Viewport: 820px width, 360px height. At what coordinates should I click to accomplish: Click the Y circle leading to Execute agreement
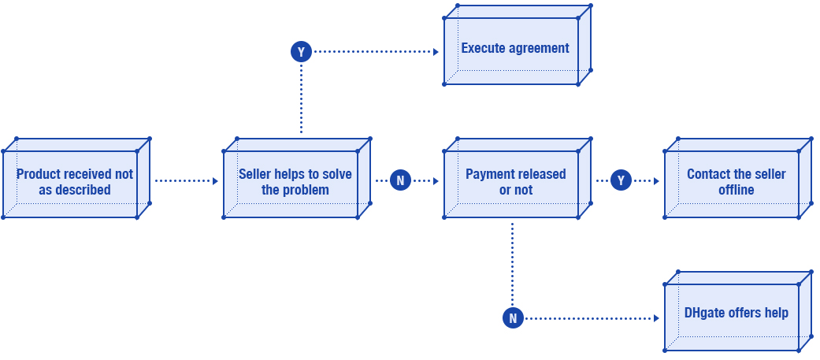coord(301,52)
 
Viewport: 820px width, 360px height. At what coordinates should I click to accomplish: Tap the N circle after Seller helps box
coord(400,180)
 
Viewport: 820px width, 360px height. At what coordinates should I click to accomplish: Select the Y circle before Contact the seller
coord(621,180)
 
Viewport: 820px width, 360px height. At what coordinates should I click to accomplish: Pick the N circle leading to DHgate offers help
coord(513,317)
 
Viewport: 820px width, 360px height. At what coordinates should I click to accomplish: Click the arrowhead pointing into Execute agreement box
coord(436,52)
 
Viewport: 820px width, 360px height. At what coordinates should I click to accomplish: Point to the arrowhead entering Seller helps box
coord(215,181)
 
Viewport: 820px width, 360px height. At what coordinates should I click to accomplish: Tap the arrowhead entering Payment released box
coord(436,181)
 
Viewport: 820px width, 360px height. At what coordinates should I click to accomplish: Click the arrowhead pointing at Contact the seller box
coord(656,181)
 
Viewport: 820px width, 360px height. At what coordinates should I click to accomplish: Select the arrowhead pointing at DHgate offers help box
coord(656,318)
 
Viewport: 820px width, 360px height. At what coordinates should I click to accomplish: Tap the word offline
coord(737,190)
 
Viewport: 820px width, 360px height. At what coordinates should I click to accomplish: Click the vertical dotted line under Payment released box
coord(513,264)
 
